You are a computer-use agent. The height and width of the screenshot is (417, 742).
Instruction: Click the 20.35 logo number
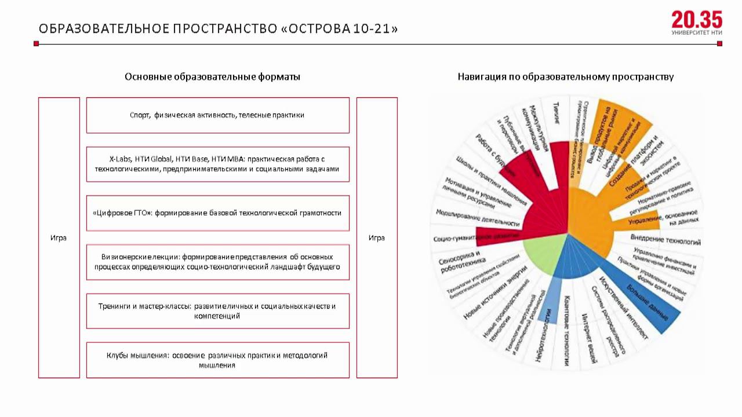tap(697, 20)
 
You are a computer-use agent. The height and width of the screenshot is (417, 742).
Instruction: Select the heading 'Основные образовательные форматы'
tap(212, 76)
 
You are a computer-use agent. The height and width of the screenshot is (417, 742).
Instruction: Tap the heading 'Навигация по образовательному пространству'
tap(565, 76)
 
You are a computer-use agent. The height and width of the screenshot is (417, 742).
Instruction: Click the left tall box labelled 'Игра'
tap(59, 237)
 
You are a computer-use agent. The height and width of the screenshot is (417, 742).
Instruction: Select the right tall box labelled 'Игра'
tap(377, 237)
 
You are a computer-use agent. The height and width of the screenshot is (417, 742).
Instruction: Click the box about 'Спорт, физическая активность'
tap(217, 115)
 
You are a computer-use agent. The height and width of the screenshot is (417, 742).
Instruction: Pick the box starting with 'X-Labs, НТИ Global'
tap(217, 164)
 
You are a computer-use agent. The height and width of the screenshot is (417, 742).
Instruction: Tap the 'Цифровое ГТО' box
tap(217, 213)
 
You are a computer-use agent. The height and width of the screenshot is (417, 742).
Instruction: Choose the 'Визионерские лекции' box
tap(217, 262)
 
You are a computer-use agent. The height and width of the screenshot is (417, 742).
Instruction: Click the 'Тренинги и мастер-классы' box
tap(217, 311)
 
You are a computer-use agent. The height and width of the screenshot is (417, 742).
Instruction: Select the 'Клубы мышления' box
tap(217, 360)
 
